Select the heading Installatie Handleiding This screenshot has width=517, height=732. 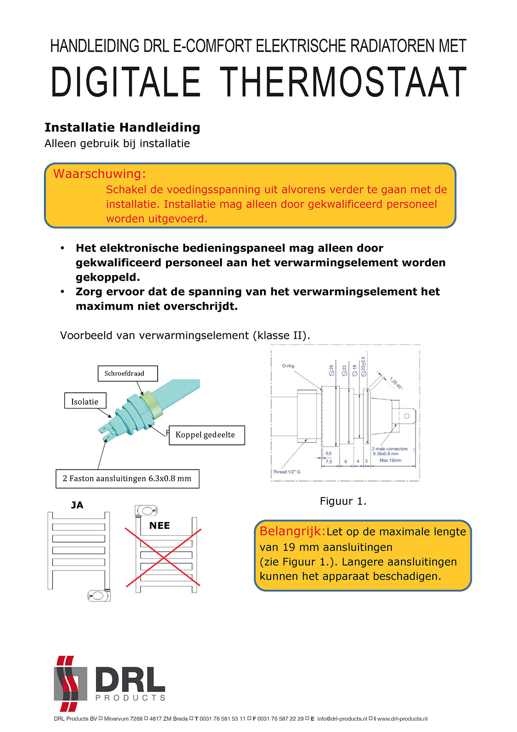pos(122,127)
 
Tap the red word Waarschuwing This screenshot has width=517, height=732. pos(100,174)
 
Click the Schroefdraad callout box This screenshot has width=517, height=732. pos(128,374)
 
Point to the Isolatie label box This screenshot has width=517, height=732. pos(85,401)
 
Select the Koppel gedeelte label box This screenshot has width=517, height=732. pos(206,435)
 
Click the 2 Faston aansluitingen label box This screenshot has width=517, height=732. pos(127,479)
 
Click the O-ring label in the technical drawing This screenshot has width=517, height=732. pos(288,366)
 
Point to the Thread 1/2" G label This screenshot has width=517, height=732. pos(286,472)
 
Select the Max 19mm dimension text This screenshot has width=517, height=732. pos(390,460)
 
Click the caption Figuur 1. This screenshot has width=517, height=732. pos(343,501)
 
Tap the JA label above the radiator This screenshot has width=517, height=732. pos(77,505)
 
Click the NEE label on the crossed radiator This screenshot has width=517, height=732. pos(160,525)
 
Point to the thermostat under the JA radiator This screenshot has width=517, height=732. pos(99,596)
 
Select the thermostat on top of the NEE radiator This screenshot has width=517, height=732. pos(147,510)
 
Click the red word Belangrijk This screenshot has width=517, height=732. pos(292,531)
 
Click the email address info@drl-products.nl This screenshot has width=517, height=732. pos(342,719)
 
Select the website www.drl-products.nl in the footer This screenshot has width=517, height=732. pos(402,719)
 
